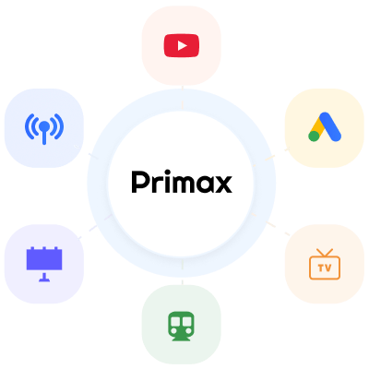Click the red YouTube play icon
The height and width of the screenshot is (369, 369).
182,46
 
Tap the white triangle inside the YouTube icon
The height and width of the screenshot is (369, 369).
182,46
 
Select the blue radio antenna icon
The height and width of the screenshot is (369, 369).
44,128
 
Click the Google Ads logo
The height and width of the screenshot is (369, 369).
325,127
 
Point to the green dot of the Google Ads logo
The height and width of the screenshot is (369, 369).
314,136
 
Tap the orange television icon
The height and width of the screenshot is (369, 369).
325,264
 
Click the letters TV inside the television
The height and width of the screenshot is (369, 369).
325,268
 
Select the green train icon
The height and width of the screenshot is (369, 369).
181,326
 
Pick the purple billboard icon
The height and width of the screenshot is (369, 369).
44,264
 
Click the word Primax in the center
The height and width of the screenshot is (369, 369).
182,182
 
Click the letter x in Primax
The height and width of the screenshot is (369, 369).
223,184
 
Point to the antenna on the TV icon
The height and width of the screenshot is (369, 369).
325,253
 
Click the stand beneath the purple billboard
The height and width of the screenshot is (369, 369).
44,277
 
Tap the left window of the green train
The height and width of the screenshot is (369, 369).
175,321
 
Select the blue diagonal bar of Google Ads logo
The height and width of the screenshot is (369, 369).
330,126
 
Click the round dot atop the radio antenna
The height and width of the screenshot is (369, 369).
44,125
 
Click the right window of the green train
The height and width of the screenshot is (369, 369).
187,321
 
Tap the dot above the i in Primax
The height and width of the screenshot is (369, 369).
167,172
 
